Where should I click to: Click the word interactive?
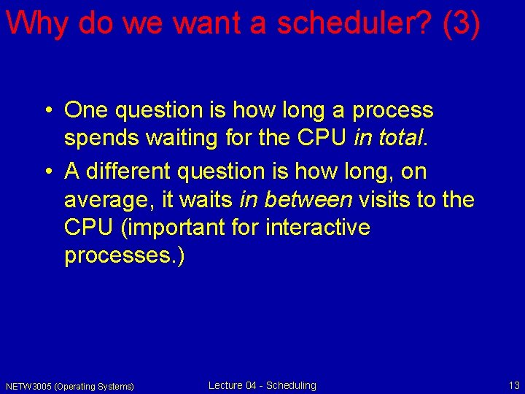[319, 228]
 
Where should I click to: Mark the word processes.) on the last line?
[125, 257]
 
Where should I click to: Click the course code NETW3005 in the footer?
[27, 386]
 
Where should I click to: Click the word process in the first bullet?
[392, 111]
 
